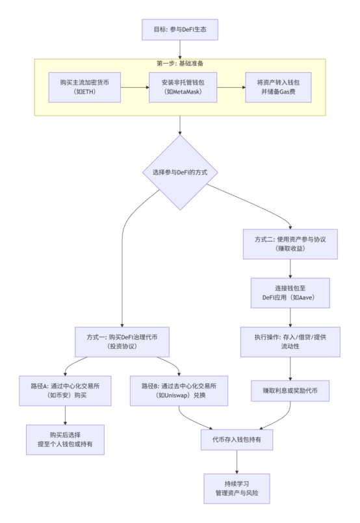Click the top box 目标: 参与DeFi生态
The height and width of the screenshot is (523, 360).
[x=179, y=29]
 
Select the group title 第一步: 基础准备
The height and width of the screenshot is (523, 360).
[x=179, y=64]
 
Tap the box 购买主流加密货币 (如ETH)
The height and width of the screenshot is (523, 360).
[x=84, y=87]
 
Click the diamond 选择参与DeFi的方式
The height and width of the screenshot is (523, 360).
[x=179, y=173]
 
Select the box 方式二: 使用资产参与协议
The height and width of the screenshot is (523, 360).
[x=290, y=244]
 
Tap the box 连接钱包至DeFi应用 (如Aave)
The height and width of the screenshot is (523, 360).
[x=290, y=293]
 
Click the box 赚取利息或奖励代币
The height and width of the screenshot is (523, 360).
[x=290, y=390]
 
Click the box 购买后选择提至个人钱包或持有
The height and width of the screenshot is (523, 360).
[x=64, y=439]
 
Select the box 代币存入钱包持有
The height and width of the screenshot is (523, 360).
[x=237, y=440]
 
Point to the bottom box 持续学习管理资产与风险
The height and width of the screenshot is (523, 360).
[x=237, y=489]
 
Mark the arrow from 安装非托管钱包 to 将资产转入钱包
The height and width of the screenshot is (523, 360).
[x=230, y=87]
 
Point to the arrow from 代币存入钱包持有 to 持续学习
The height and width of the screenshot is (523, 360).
[x=237, y=463]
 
